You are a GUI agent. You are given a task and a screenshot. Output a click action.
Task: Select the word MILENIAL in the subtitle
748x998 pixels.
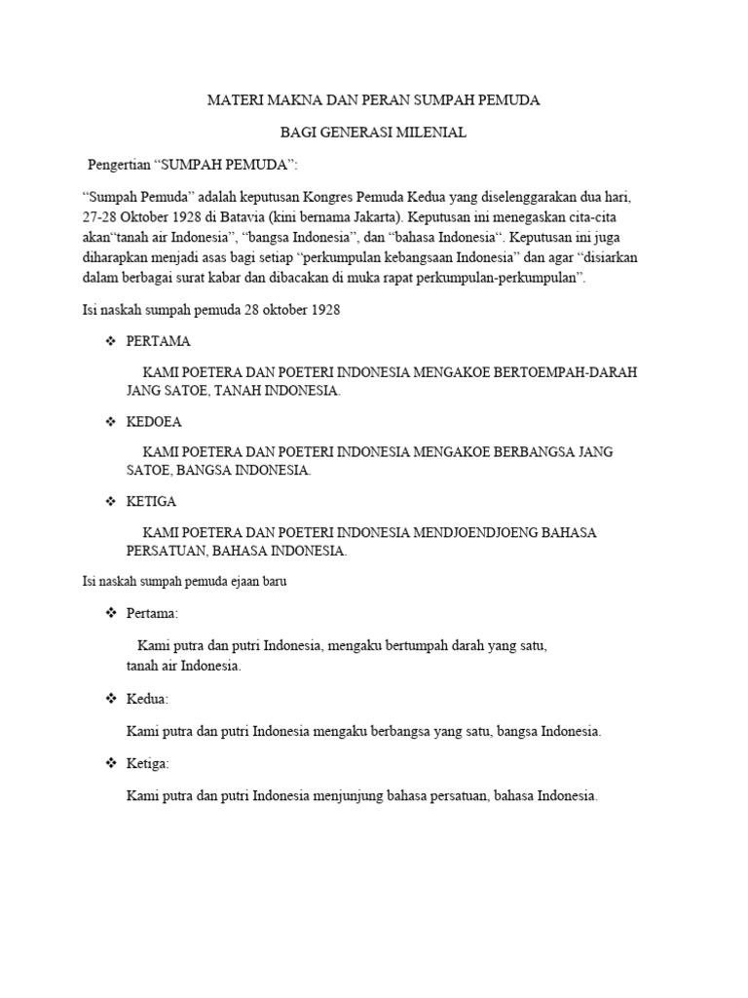[x=430, y=133]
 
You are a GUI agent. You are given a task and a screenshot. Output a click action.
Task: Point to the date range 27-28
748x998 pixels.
[x=96, y=215]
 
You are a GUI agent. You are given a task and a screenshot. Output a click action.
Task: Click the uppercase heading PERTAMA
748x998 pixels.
[x=159, y=341]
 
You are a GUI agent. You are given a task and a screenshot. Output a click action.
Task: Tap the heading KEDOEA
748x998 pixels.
[x=154, y=422]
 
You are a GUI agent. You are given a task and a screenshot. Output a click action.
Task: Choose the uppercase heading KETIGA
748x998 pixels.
[x=152, y=502]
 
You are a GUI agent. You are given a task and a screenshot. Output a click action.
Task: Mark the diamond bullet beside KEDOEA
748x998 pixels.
[x=110, y=422]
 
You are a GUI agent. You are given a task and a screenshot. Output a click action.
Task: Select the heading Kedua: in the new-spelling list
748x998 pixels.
[x=148, y=700]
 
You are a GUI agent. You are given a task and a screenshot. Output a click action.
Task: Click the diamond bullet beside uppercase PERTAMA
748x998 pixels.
[x=110, y=341]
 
